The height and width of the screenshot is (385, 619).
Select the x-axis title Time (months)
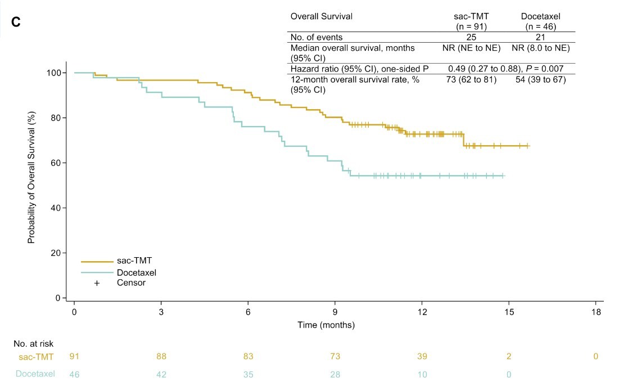click(334, 325)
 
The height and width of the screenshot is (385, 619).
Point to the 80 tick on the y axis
click(56, 118)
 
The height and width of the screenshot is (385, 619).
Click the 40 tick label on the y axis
click(56, 208)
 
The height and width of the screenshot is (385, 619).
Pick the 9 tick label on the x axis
click(335, 312)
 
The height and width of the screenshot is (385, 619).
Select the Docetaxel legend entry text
click(136, 272)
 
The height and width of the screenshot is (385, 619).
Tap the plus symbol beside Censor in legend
click(97, 283)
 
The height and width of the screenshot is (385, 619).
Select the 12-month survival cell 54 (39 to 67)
click(540, 79)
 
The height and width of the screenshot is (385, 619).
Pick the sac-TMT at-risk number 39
click(422, 356)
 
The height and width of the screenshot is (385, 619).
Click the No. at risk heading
click(33, 342)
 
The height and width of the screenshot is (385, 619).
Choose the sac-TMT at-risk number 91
click(74, 356)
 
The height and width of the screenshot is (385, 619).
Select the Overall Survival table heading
click(321, 16)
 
